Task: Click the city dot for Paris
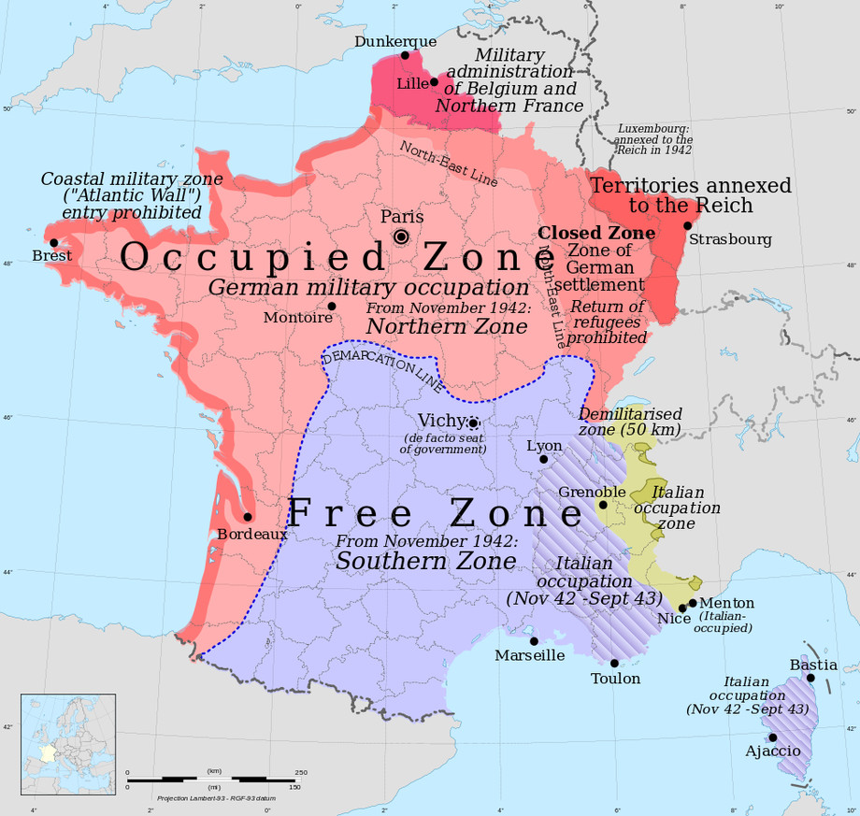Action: pyautogui.click(x=401, y=237)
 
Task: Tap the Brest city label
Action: pyautogui.click(x=52, y=255)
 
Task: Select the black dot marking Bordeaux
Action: pyautogui.click(x=248, y=517)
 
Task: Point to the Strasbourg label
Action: pyautogui.click(x=730, y=239)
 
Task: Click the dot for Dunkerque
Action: pyautogui.click(x=405, y=56)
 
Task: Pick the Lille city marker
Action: pyautogui.click(x=434, y=82)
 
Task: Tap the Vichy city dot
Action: pyautogui.click(x=474, y=423)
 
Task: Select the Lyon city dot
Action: pyautogui.click(x=544, y=460)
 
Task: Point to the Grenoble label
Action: pyautogui.click(x=592, y=492)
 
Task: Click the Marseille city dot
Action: pyautogui.click(x=534, y=641)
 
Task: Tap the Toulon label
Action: pyautogui.click(x=615, y=679)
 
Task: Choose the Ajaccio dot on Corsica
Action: pyautogui.click(x=773, y=737)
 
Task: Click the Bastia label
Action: pyautogui.click(x=813, y=665)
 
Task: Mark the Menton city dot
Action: pyautogui.click(x=693, y=603)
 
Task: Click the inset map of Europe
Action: pyautogui.click(x=68, y=737)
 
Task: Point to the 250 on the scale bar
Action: pyautogui.click(x=301, y=772)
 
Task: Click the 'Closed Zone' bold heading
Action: pyautogui.click(x=596, y=232)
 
